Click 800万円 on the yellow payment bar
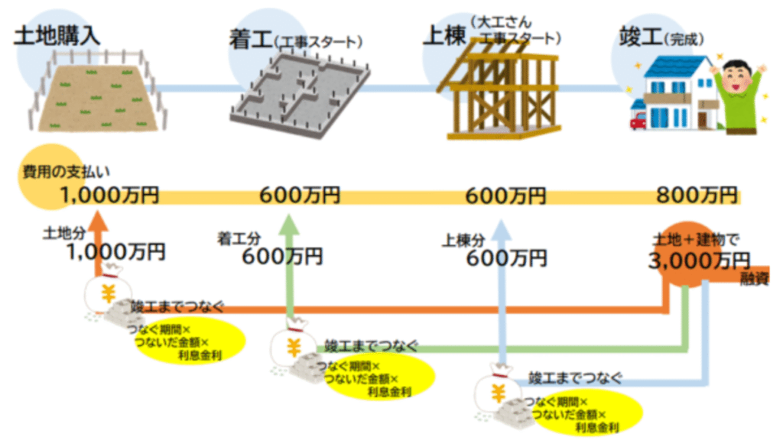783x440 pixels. (697, 196)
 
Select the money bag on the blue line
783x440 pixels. (498, 390)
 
